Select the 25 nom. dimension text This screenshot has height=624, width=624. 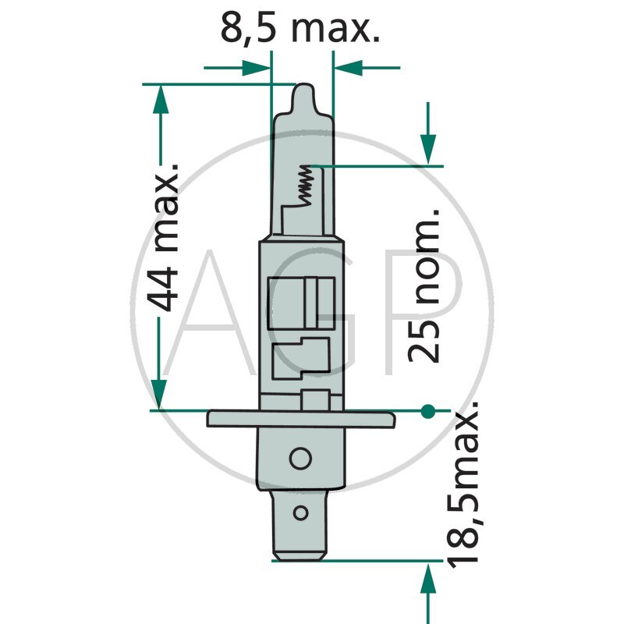click(x=424, y=285)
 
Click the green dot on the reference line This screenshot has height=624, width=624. click(x=427, y=411)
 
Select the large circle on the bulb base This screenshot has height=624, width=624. click(x=300, y=458)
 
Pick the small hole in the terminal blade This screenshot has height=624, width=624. click(x=300, y=512)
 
